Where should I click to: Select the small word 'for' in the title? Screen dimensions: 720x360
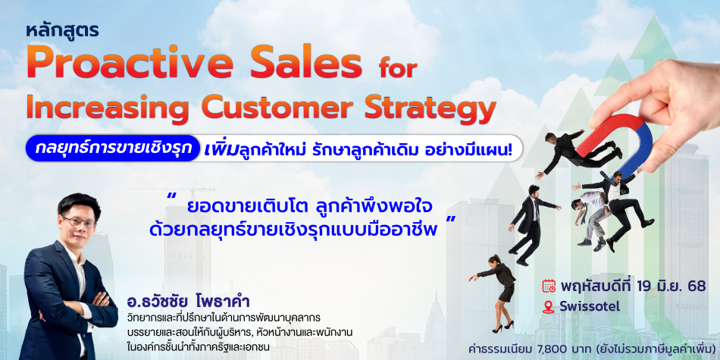point(398,68)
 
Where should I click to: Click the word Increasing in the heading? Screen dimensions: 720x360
point(108,107)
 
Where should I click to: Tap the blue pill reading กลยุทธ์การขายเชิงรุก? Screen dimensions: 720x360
point(113,148)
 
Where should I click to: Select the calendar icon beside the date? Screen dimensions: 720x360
point(549,286)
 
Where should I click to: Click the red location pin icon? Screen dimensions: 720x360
point(548,307)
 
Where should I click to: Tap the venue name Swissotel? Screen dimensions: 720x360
point(589,307)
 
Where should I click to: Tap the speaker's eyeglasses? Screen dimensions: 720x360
point(78,222)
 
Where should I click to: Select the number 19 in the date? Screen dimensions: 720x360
point(645,286)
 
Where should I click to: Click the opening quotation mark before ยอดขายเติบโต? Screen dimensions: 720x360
point(173,196)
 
